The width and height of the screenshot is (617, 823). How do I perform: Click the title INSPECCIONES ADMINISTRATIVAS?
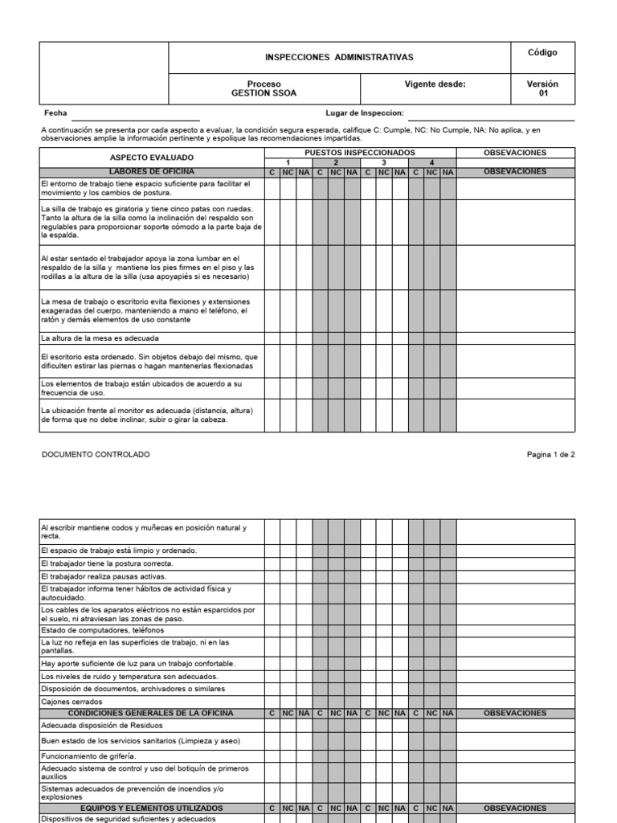(339, 58)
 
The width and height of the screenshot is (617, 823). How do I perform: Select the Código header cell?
(541, 53)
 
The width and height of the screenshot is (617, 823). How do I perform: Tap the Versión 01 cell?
(541, 88)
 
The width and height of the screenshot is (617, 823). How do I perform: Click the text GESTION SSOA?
(264, 93)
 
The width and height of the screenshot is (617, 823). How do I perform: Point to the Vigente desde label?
(434, 84)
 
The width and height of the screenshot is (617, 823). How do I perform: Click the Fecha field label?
(56, 113)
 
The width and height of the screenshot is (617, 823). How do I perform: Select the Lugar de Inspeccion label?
(364, 113)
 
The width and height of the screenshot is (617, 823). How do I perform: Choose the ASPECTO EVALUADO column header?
(152, 158)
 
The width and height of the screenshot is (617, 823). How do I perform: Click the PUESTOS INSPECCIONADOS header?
(360, 152)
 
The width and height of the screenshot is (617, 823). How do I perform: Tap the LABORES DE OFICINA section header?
(152, 172)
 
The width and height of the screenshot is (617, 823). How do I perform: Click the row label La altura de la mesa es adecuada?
(100, 338)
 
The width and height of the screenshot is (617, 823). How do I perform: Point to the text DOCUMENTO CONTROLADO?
(95, 454)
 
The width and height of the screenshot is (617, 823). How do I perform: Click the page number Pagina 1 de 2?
(550, 454)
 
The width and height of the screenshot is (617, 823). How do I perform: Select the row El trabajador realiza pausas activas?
(104, 577)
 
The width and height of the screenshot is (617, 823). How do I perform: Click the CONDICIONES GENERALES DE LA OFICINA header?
(152, 713)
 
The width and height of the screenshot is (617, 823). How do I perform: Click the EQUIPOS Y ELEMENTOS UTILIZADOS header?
(152, 808)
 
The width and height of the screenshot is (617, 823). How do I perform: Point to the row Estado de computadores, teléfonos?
(102, 630)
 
